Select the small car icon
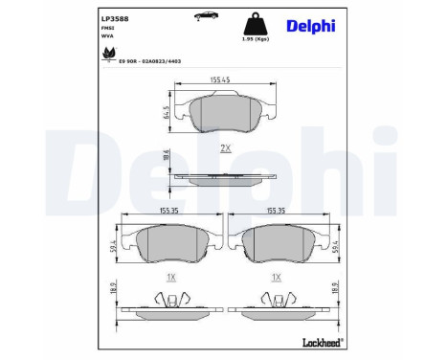tap(201, 15)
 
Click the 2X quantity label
tap(225, 146)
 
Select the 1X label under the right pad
tap(278, 277)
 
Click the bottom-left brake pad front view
tap(170, 245)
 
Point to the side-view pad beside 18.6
tap(226, 177)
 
